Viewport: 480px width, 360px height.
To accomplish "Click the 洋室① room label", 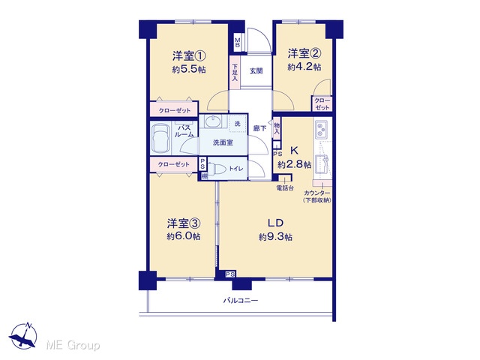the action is coord(189,56).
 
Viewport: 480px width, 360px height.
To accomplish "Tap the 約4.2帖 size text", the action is coord(304,67).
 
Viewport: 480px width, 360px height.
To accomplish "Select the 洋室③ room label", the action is coord(184,223).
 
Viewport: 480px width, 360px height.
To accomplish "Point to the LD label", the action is coord(275,223).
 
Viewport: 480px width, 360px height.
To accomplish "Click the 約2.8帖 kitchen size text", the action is coord(295,165).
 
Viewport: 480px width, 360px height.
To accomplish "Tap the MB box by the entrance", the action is coord(238,42).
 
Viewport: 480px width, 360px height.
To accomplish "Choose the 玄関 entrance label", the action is coord(256,71).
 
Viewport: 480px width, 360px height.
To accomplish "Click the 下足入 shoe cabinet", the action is coord(235,73).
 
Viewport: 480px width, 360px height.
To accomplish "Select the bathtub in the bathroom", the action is coord(160,138).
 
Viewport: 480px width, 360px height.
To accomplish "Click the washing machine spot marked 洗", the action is coord(238,124).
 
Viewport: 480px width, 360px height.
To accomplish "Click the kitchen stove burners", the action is coord(321,129).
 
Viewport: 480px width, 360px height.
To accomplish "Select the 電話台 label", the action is coord(285,188).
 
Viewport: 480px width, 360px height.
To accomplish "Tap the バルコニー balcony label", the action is coord(240,300).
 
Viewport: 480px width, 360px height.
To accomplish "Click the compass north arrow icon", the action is coord(23,336).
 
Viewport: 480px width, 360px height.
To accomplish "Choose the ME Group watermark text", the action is coord(73,345).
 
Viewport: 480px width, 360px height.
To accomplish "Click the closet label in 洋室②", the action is coord(322,103).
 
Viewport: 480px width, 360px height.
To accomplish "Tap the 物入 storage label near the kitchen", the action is coord(277,128).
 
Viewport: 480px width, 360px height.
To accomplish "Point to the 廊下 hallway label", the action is coord(259,128).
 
